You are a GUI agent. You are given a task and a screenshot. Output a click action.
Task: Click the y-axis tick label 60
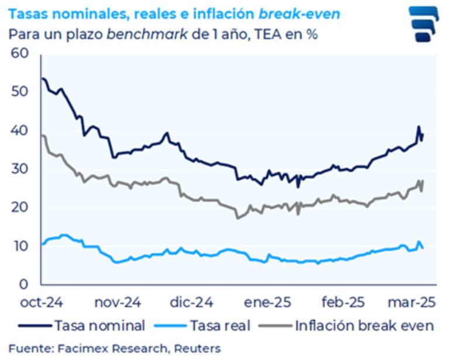(20, 54)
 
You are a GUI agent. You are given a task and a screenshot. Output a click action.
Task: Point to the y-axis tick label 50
(20, 92)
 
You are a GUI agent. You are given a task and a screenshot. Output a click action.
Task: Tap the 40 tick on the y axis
(20, 131)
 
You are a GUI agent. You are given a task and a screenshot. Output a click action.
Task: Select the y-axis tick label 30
(20, 169)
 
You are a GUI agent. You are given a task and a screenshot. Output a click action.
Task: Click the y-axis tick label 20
(20, 207)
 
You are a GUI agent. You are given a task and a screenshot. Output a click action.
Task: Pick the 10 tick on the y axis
(20, 246)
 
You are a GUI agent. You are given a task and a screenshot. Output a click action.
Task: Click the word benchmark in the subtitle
(147, 34)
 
